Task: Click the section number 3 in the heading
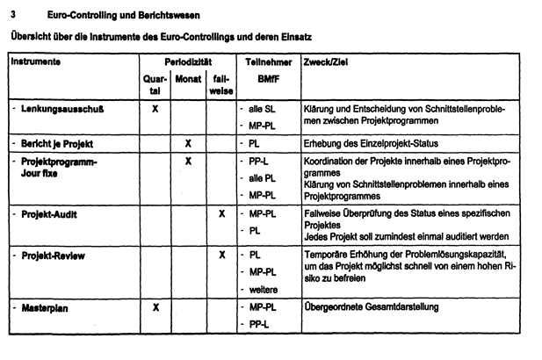[x=11, y=15]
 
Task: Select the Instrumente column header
[x=36, y=63]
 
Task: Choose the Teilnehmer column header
[x=262, y=63]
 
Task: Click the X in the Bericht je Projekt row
[x=188, y=142]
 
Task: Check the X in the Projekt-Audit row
[x=221, y=213]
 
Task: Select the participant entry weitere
[x=264, y=290]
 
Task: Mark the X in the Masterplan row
[x=155, y=308]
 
